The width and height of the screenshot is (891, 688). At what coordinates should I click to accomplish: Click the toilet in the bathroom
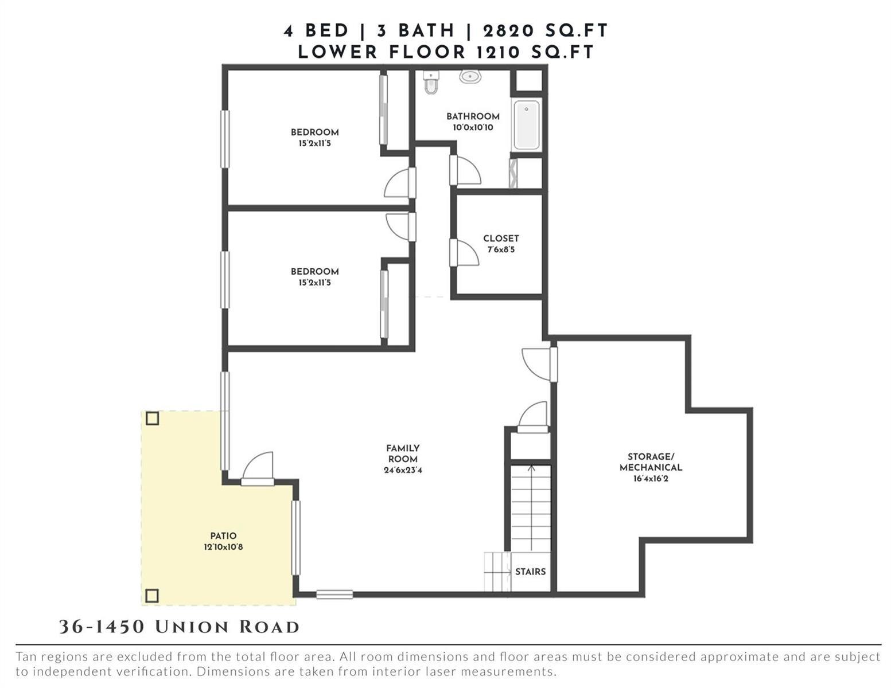(431, 82)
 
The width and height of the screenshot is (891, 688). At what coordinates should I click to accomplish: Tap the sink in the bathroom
(470, 77)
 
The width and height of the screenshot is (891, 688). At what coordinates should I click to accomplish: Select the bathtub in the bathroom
(527, 124)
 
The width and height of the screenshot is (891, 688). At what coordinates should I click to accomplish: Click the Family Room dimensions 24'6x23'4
(403, 470)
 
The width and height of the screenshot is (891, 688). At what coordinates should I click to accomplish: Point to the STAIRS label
(530, 571)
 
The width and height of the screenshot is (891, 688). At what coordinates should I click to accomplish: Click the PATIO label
(223, 535)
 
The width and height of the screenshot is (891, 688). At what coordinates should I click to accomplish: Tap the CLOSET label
(501, 238)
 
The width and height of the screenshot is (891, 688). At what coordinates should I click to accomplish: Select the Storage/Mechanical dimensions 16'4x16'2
(650, 478)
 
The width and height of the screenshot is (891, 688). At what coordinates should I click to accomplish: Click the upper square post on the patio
(152, 419)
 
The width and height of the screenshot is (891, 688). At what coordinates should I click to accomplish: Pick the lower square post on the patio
(152, 595)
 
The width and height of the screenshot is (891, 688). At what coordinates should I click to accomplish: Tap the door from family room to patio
(257, 468)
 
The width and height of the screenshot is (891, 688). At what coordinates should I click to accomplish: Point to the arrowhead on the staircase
(531, 468)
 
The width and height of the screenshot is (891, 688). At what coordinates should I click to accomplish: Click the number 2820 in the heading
(508, 31)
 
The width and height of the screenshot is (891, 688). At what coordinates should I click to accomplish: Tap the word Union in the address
(192, 627)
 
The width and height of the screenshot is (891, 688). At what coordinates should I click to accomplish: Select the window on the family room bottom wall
(334, 594)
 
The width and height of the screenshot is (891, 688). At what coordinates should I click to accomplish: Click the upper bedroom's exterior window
(225, 139)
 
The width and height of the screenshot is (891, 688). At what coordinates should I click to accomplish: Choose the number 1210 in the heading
(498, 52)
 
